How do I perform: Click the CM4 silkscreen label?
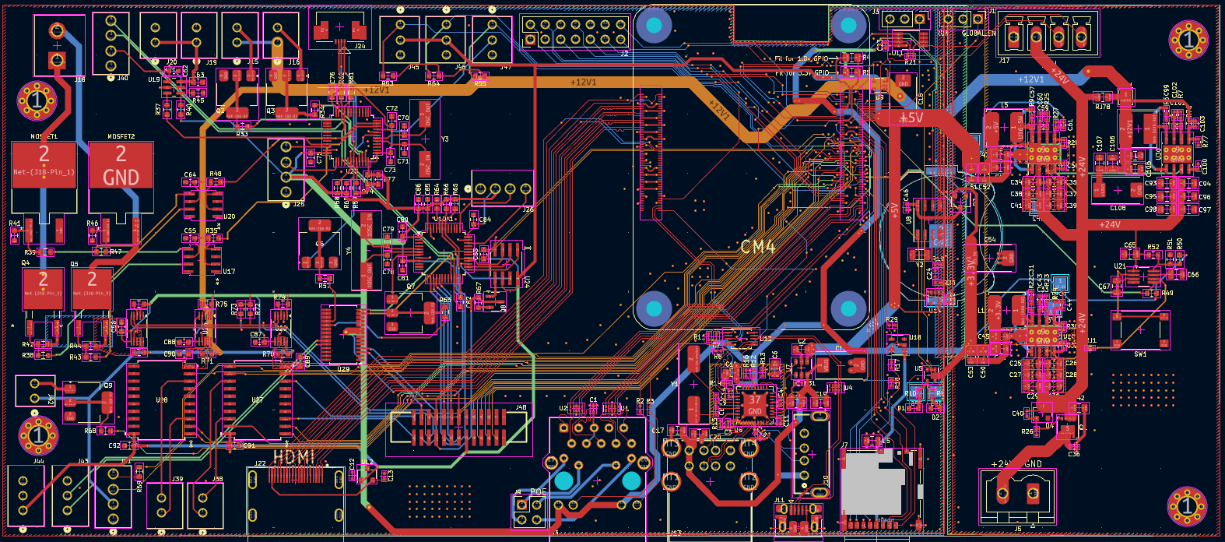(757, 247)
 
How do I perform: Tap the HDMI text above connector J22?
(294, 457)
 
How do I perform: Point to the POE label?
(538, 492)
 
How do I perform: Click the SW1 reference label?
(1140, 354)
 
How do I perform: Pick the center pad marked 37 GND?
(754, 404)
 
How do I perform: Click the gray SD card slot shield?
(872, 484)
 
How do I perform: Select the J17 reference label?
(1004, 60)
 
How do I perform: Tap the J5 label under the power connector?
(1018, 529)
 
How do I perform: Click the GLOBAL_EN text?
(978, 33)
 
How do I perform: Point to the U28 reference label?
(161, 399)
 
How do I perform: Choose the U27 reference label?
(257, 399)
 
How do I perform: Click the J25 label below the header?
(299, 204)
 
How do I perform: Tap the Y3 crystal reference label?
(444, 139)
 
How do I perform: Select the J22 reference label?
(260, 463)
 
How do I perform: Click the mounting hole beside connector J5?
(1186, 507)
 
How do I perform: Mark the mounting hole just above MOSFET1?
(37, 100)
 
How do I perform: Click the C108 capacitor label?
(1118, 208)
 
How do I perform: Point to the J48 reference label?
(521, 407)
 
